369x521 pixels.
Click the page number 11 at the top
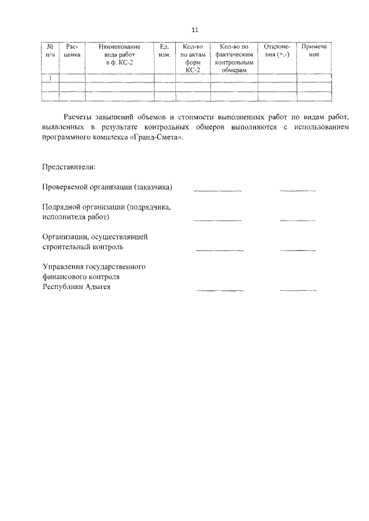click(194, 29)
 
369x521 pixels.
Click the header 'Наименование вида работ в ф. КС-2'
click(119, 54)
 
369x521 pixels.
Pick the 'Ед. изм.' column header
click(164, 50)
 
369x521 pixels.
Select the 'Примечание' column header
click(314, 50)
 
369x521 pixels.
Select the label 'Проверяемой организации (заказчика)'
click(108, 187)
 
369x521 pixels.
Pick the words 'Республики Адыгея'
click(77, 287)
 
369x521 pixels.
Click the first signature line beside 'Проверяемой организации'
click(217, 190)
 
